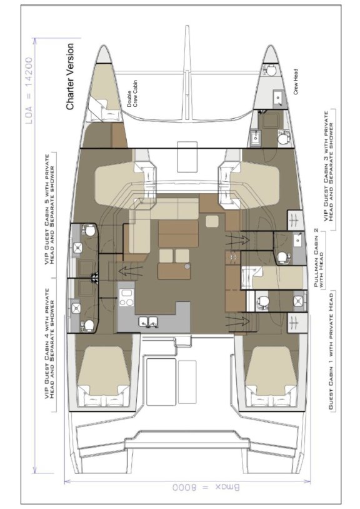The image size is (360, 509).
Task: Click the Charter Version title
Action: point(70,76)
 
